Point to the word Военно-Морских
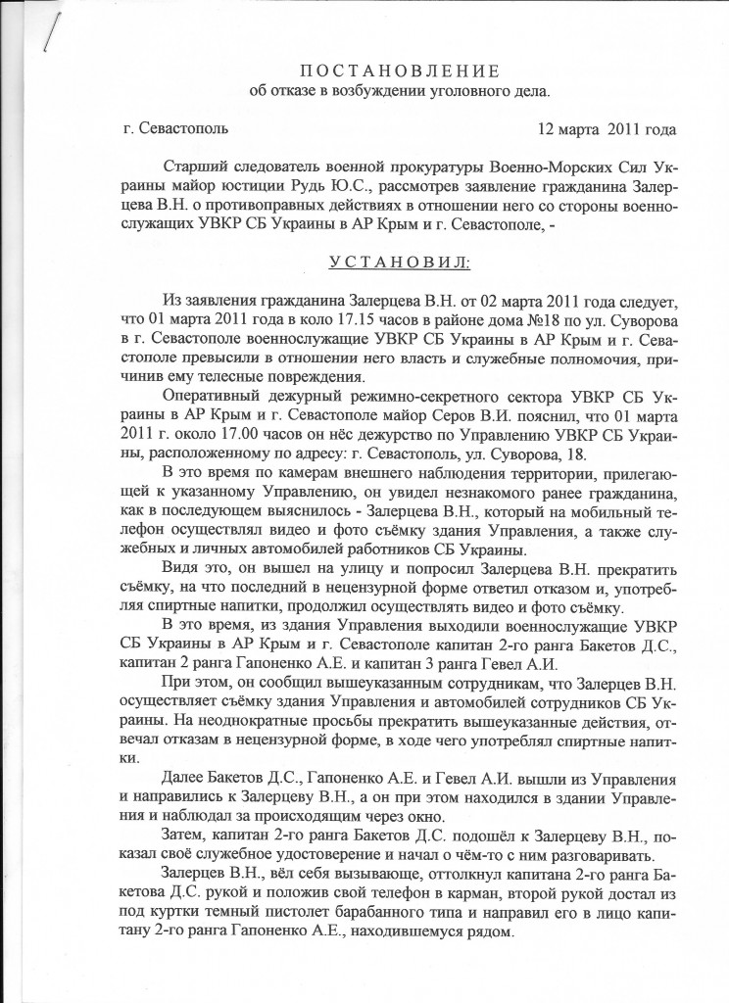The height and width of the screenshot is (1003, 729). pyautogui.click(x=536, y=167)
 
